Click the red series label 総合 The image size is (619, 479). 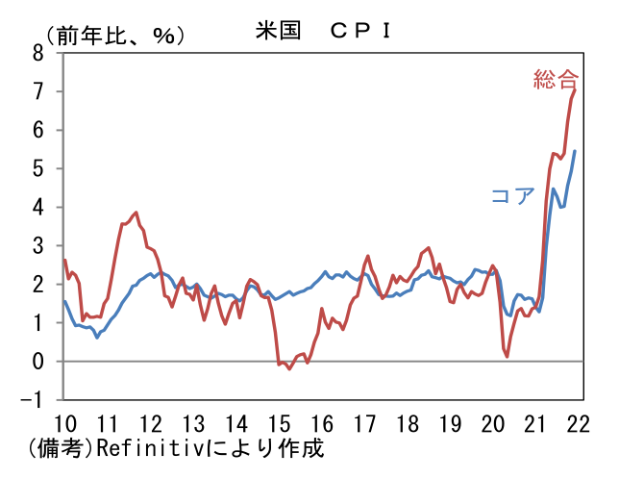click(557, 79)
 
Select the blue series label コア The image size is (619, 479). click(512, 196)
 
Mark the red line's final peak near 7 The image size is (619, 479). click(575, 89)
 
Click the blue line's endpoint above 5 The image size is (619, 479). click(575, 151)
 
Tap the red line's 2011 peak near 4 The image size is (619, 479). click(136, 213)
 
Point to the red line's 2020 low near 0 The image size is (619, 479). click(507, 356)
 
